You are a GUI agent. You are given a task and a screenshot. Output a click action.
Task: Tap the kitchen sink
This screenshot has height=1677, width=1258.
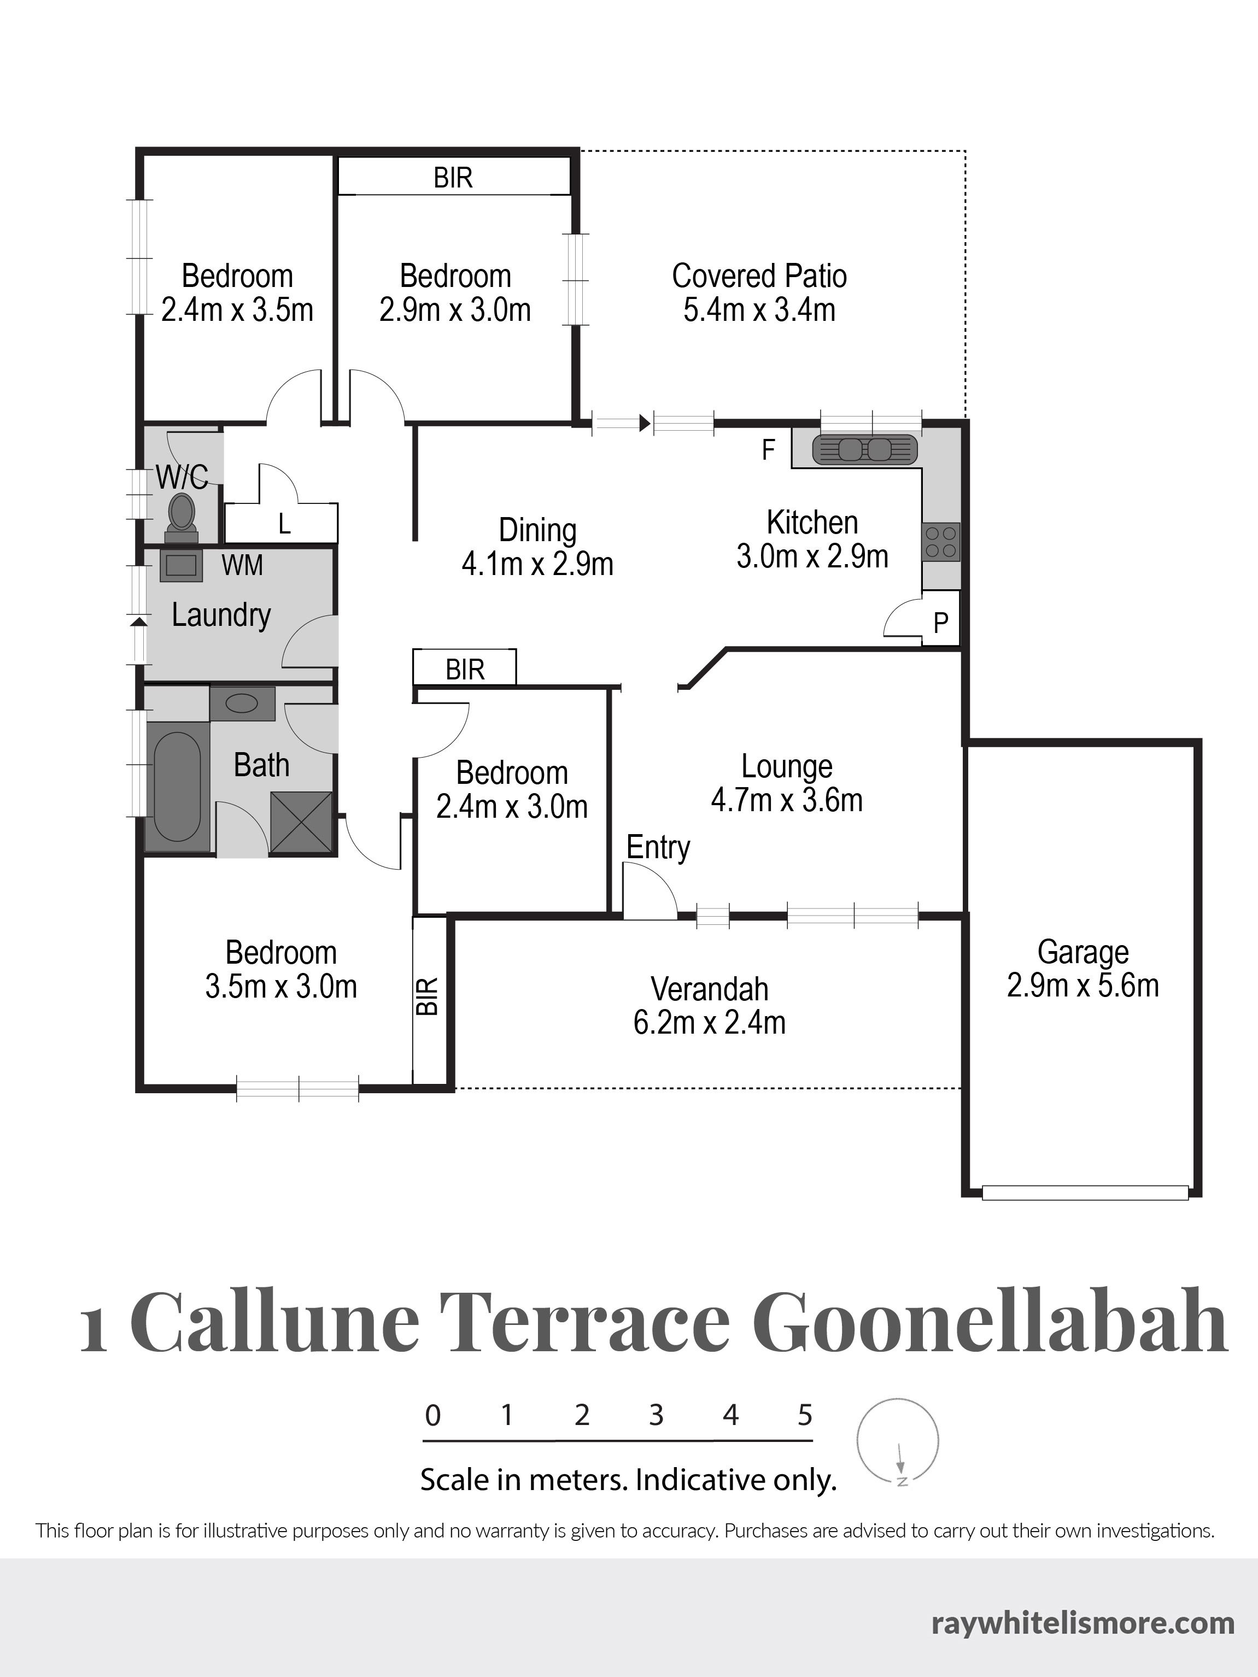[x=864, y=449]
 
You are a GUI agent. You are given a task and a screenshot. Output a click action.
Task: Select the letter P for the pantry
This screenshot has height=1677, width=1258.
[x=941, y=623]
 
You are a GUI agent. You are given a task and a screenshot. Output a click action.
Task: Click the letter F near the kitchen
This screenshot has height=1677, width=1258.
[x=768, y=450]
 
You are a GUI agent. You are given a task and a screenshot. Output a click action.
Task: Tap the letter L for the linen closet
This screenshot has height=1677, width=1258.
[x=284, y=524]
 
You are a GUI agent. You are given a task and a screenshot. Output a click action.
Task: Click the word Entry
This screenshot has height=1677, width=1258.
[x=658, y=848]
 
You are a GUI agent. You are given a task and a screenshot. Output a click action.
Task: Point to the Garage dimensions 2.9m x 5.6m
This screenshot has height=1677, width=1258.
[x=1083, y=986]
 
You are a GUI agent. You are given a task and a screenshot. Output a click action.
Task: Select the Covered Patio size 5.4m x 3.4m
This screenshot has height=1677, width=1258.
[x=759, y=309]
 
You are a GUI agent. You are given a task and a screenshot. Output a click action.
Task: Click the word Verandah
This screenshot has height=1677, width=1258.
[x=710, y=989]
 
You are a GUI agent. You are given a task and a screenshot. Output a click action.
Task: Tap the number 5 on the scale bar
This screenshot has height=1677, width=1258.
[x=805, y=1415]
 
